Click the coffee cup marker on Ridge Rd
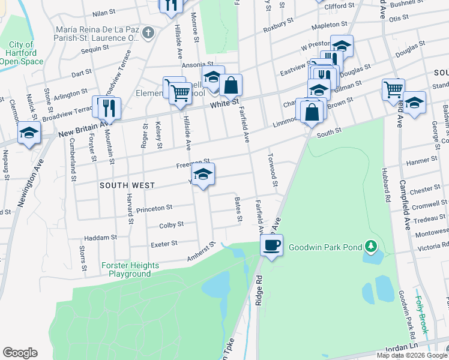point(272,245)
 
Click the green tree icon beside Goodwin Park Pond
point(372,246)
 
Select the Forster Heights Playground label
point(130,269)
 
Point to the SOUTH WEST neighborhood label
point(127,186)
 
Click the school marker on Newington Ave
point(29,134)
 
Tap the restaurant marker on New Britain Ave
point(109,109)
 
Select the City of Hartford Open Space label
point(22,53)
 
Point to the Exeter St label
point(164,244)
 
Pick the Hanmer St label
point(421,161)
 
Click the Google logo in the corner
point(20,353)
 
